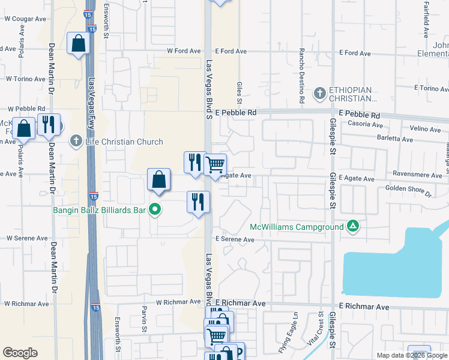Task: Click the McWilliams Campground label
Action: (297, 227)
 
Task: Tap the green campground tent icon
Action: (354, 226)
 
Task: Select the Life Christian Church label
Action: (124, 142)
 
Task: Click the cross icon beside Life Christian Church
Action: (76, 142)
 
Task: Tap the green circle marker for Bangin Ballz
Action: (155, 209)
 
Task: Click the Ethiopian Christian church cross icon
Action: (320, 93)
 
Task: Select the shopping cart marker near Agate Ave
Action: (215, 164)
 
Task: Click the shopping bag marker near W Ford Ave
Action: (79, 43)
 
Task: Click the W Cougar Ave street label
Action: (25, 19)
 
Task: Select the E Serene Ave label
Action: (235, 239)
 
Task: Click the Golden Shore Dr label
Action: (408, 191)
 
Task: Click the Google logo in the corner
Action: (20, 353)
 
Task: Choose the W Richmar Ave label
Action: (179, 302)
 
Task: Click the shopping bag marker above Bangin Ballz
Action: (158, 180)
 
